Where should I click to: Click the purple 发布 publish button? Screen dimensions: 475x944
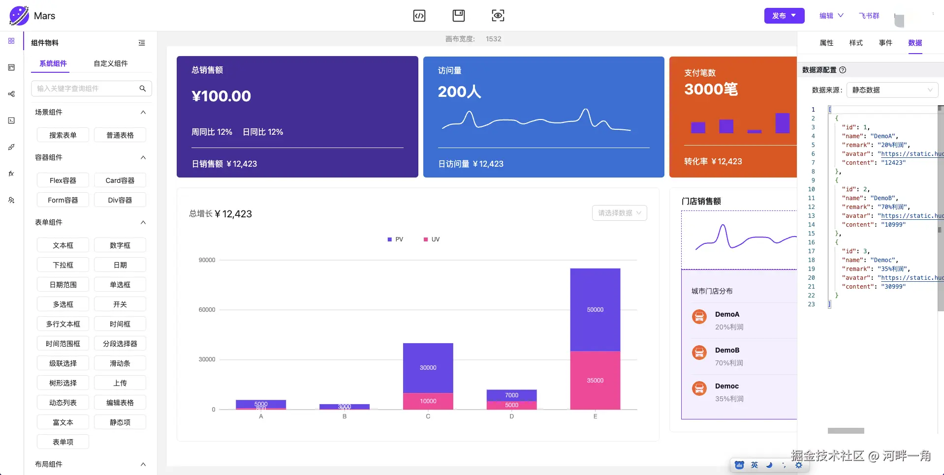point(784,16)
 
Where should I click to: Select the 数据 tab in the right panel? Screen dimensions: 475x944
point(915,43)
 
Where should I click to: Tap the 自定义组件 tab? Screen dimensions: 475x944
point(111,63)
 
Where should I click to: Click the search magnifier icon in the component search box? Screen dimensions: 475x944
point(143,89)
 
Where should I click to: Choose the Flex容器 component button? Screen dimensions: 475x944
point(63,180)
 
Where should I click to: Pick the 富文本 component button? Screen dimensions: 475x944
point(63,422)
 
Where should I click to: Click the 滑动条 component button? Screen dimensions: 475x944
point(120,363)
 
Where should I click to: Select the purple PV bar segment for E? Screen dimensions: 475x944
point(595,310)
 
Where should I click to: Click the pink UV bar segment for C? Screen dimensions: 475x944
point(428,401)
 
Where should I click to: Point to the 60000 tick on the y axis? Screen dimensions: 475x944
point(207,310)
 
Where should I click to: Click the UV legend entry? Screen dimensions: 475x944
point(432,239)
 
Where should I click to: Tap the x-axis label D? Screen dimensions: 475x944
point(511,416)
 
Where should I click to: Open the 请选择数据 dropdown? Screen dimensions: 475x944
point(619,213)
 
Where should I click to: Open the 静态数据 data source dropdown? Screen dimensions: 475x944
point(892,90)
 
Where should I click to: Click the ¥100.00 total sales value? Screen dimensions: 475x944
point(221,96)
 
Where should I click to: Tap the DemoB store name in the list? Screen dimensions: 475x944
point(727,350)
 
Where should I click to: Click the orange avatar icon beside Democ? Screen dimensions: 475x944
point(699,388)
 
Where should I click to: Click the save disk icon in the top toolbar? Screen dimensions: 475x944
point(458,16)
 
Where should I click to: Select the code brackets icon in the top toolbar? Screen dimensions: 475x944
point(419,16)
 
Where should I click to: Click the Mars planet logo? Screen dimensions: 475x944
point(19,16)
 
